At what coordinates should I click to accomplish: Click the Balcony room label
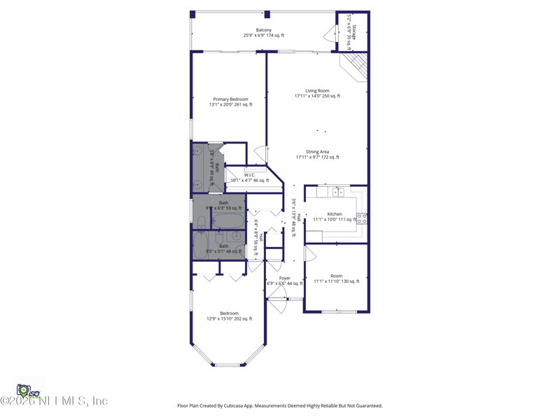(x=264, y=30)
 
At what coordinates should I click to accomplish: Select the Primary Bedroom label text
(x=230, y=99)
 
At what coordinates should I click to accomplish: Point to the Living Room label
(x=317, y=90)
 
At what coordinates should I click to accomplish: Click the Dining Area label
(x=317, y=152)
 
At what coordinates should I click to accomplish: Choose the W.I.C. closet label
(x=250, y=175)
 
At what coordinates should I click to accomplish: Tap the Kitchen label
(x=335, y=214)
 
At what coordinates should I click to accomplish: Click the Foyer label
(x=284, y=278)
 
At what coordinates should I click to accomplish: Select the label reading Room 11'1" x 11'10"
(x=337, y=276)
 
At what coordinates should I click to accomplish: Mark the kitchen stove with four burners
(x=362, y=218)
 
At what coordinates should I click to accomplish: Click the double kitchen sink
(x=338, y=192)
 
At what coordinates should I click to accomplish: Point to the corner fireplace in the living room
(x=356, y=66)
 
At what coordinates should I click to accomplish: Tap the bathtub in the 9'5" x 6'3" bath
(x=229, y=221)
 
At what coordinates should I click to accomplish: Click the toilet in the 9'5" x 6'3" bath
(x=202, y=223)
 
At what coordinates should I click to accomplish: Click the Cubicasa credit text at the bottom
(x=279, y=405)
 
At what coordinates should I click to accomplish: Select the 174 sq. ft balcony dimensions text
(x=264, y=36)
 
